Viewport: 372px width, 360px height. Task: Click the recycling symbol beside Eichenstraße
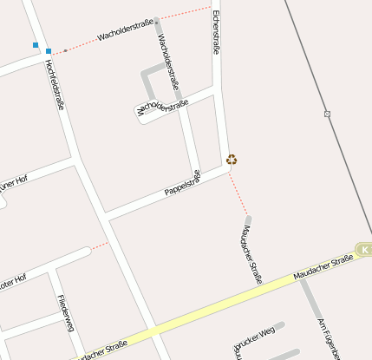232,159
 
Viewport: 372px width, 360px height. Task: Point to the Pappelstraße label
182,183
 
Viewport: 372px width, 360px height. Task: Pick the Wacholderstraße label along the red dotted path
127,34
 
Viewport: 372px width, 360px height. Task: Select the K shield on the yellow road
364,249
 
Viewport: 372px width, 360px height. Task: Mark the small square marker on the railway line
327,114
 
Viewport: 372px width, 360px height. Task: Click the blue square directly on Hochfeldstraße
49,51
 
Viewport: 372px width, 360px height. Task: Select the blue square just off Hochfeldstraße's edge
36,44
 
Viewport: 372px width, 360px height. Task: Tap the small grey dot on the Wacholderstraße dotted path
65,50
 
